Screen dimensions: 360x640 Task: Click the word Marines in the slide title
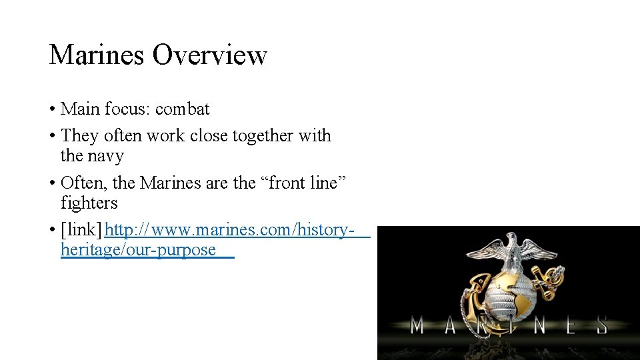click(97, 55)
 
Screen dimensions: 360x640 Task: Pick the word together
click(262, 136)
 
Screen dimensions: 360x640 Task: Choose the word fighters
click(89, 203)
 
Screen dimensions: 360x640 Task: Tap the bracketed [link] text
click(81, 230)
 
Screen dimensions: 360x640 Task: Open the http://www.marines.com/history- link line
click(227, 230)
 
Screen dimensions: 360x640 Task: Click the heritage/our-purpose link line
click(138, 250)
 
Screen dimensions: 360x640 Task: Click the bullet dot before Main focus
click(52, 110)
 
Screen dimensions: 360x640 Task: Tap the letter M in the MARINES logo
click(417, 326)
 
